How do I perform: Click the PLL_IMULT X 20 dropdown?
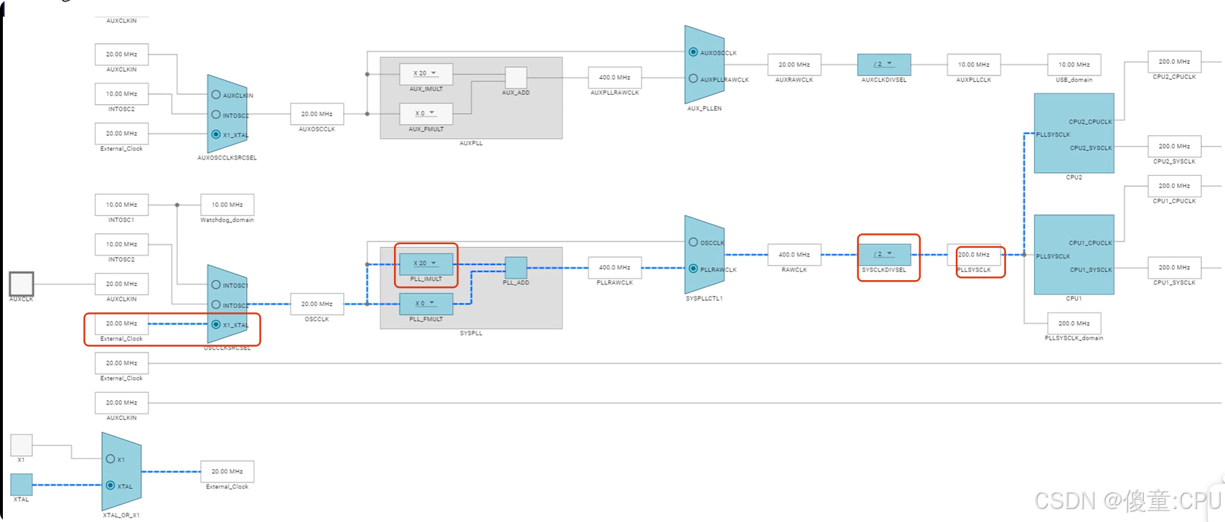point(426,264)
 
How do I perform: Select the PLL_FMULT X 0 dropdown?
point(426,304)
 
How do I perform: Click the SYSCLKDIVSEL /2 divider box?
point(883,254)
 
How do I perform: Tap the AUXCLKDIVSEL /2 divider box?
point(883,65)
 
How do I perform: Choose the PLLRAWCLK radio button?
point(693,269)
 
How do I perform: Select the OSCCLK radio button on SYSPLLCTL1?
point(693,242)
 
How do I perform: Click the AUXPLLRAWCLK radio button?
point(693,78)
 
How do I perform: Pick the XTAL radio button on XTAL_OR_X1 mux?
point(111,485)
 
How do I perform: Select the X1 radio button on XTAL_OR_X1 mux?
point(111,459)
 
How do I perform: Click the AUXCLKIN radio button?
point(216,95)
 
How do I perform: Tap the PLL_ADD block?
point(515,268)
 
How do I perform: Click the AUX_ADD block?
point(515,78)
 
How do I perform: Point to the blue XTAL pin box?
point(22,485)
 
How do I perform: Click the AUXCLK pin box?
point(22,284)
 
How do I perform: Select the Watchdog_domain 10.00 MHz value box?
point(227,205)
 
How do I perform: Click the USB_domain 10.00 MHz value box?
point(1074,65)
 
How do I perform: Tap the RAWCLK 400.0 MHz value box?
point(794,254)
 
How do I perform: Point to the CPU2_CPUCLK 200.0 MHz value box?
point(1174,62)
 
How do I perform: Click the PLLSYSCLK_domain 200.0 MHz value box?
point(1074,323)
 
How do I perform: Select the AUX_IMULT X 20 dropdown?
point(426,73)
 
